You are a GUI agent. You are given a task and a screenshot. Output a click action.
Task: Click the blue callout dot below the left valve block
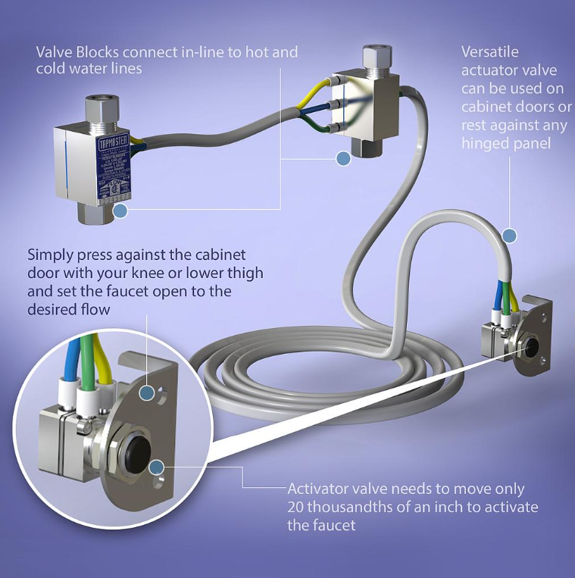pyautogui.click(x=120, y=211)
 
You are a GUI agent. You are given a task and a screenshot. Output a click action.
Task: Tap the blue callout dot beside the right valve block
pyautogui.click(x=343, y=158)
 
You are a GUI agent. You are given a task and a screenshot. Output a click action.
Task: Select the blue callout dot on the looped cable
pyautogui.click(x=509, y=236)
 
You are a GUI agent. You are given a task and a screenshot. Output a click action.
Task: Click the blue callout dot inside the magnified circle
pyautogui.click(x=157, y=467)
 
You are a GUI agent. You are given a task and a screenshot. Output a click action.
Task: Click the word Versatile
pyautogui.click(x=491, y=52)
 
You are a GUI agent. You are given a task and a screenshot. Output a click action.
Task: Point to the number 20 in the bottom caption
pyautogui.click(x=296, y=507)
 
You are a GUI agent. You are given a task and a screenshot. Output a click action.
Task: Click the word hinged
pyautogui.click(x=485, y=143)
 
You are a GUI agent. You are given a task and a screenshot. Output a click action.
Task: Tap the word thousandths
pyautogui.click(x=348, y=507)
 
